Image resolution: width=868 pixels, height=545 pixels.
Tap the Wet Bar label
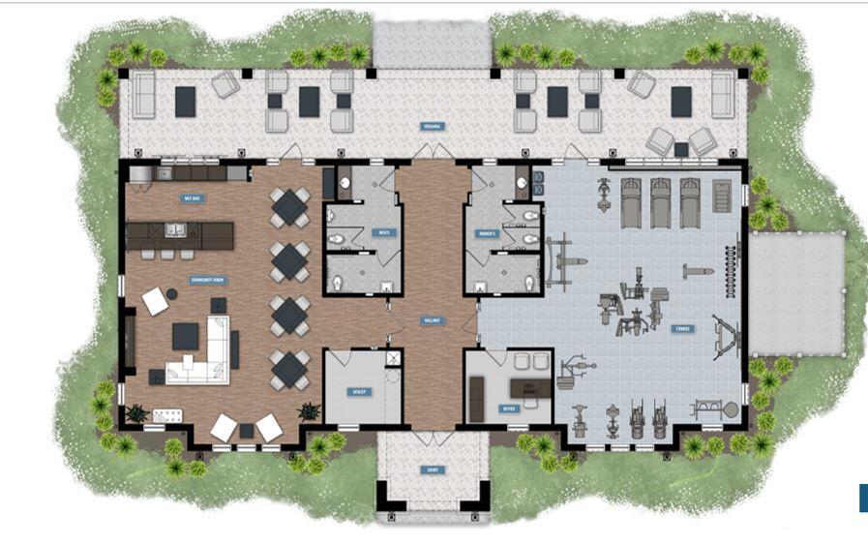192,198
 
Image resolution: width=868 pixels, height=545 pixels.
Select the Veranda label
432,126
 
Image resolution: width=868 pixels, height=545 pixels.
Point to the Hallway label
431,319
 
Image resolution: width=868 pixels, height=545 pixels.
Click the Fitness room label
683,328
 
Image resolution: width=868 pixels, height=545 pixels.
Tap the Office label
510,409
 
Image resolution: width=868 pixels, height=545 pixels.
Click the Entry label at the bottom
432,469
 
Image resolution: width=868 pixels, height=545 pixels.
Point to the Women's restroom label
486,233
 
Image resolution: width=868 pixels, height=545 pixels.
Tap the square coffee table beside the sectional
186,336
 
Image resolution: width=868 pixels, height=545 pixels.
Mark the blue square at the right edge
863,497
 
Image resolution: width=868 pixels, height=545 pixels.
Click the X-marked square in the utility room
392,358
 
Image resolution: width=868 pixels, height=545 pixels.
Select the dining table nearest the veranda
289,206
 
